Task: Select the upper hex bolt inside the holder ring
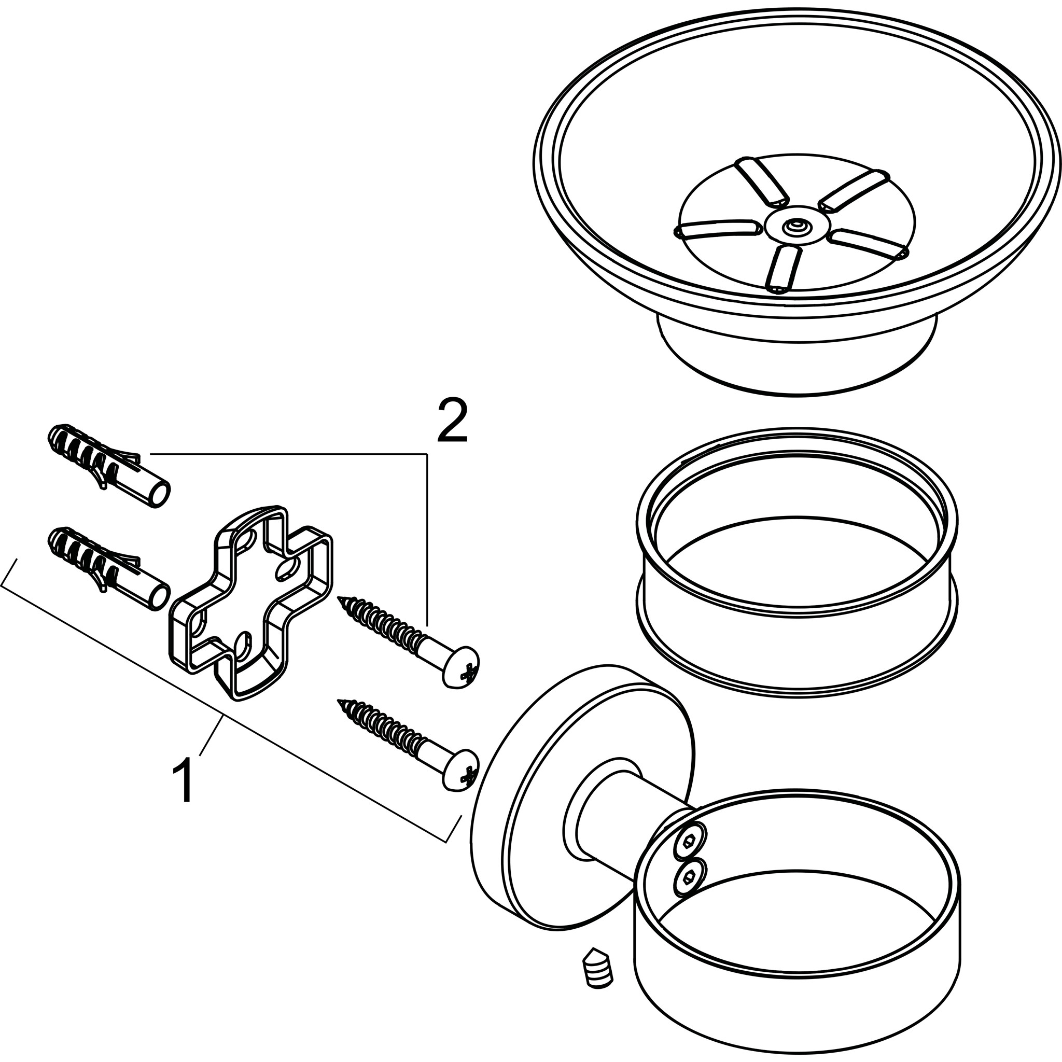pyautogui.click(x=688, y=840)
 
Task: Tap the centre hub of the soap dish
pyautogui.click(x=794, y=226)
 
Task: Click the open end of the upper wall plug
pyautogui.click(x=161, y=493)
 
